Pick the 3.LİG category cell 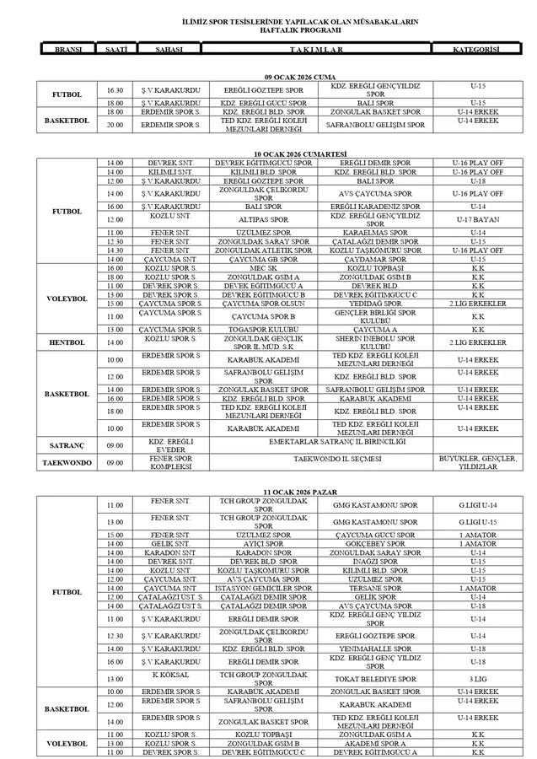[477, 678]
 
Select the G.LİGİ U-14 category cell [477, 505]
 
